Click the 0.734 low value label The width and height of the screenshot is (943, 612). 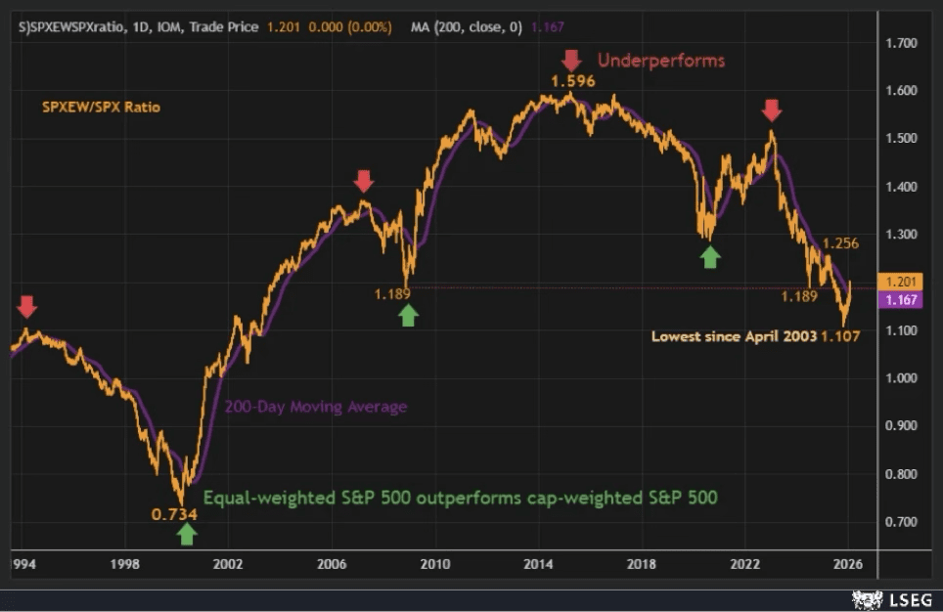click(x=174, y=513)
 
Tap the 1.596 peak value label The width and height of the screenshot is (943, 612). click(x=572, y=81)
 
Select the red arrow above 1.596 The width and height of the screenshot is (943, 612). click(x=572, y=60)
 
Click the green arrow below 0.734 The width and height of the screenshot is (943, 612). click(x=187, y=534)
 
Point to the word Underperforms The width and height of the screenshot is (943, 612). click(x=661, y=61)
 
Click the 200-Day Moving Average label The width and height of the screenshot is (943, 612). click(x=315, y=407)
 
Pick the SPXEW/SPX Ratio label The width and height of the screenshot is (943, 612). click(x=101, y=107)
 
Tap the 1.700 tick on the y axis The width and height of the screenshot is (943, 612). click(x=900, y=43)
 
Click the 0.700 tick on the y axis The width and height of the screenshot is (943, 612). click(x=900, y=522)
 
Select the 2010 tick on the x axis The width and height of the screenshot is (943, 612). click(x=434, y=564)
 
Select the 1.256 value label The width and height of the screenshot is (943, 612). click(x=840, y=243)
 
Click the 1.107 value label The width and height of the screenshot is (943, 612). click(x=840, y=336)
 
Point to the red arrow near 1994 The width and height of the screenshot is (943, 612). click(x=27, y=307)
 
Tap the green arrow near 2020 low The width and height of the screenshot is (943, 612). click(x=710, y=256)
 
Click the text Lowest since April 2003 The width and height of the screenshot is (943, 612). click(x=734, y=336)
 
